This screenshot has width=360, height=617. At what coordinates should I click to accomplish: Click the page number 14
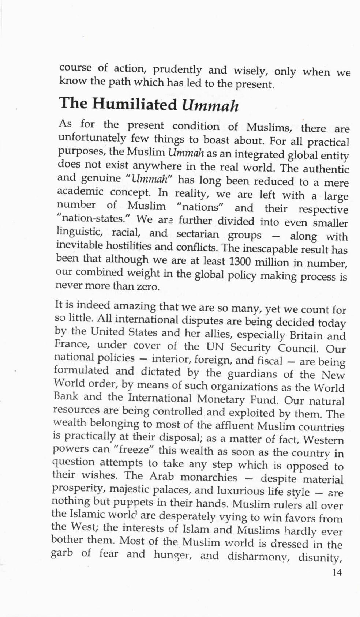point(337,572)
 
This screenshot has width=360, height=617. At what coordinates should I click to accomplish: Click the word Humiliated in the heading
point(134,104)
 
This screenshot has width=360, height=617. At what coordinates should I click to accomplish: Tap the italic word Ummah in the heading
point(210,105)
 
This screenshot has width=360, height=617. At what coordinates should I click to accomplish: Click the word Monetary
point(221,399)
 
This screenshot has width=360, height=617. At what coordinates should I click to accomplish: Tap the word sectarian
point(198,234)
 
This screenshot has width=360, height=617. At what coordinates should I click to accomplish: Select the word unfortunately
point(92,139)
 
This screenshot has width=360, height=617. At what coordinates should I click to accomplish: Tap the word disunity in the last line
point(319,557)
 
